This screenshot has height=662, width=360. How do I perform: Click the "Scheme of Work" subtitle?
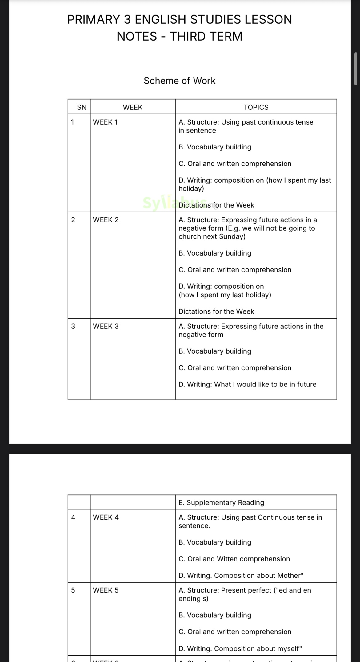(179, 81)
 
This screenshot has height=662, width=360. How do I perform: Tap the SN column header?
(82, 107)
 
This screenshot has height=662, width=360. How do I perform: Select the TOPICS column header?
(256, 107)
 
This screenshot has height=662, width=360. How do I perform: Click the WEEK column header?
(133, 107)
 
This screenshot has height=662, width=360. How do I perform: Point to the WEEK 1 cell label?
(105, 122)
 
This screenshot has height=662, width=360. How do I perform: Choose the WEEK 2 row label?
(106, 220)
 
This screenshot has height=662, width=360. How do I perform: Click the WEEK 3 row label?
(106, 326)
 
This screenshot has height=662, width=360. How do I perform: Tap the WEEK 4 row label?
(106, 517)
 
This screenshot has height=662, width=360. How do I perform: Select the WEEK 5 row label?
(106, 590)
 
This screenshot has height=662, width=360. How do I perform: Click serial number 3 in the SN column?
(73, 326)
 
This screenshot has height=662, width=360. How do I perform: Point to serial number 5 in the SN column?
(73, 590)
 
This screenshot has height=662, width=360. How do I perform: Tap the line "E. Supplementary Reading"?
(221, 502)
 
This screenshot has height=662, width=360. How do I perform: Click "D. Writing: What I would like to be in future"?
(247, 384)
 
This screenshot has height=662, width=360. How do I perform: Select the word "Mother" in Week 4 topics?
(289, 575)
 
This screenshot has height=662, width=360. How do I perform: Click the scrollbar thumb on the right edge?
(356, 69)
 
